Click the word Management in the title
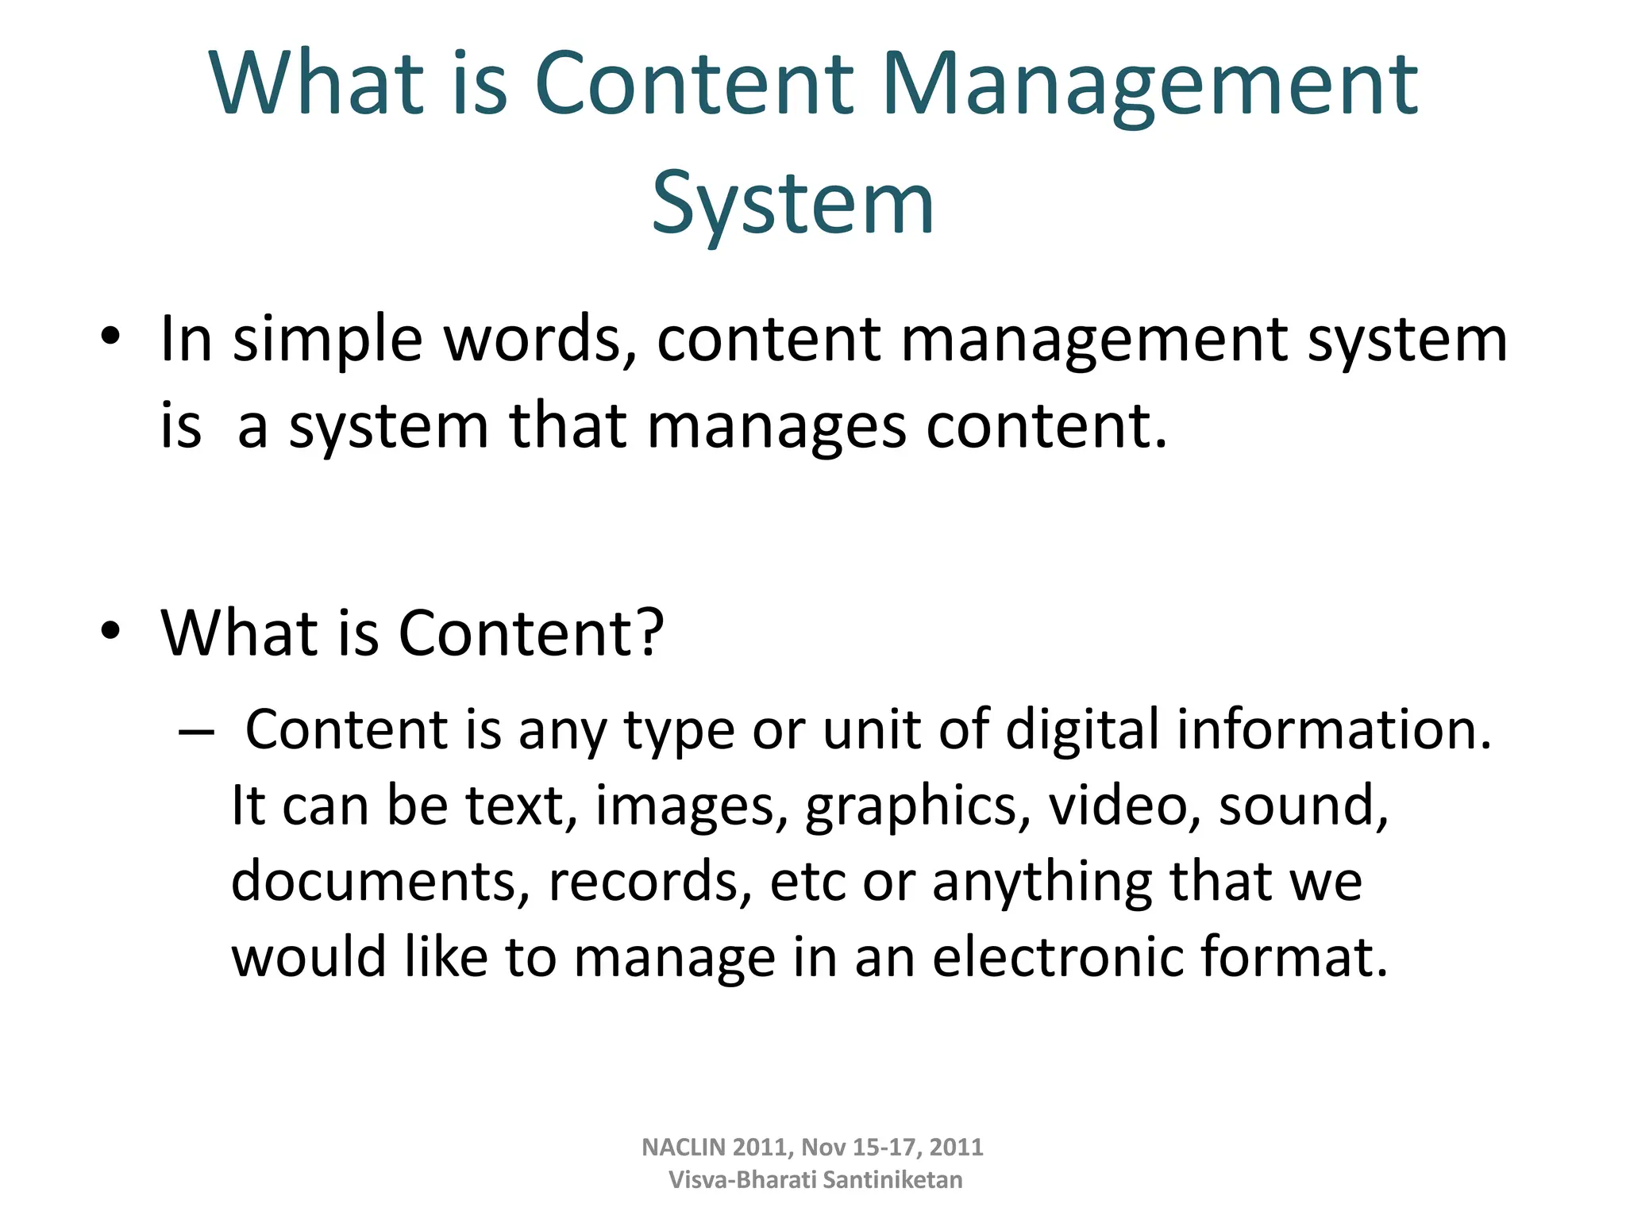tap(1149, 85)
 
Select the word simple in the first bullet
tap(327, 340)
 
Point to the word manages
tap(776, 427)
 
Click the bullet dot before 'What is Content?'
tap(110, 630)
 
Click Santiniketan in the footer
tap(892, 1180)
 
